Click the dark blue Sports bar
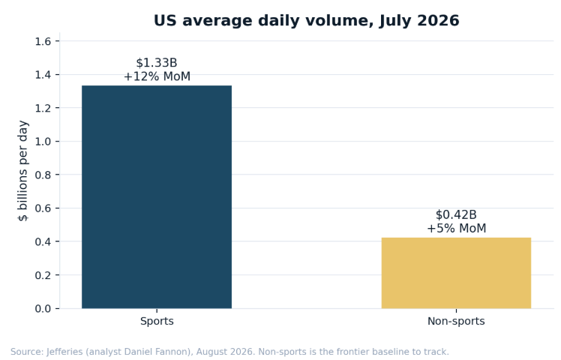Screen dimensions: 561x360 tap(157, 196)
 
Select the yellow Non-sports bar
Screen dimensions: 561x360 tap(456, 273)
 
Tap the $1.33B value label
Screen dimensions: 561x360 tap(157, 63)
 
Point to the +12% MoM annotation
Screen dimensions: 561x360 tap(157, 76)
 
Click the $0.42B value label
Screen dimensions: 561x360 tap(456, 214)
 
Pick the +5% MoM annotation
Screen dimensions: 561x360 tap(457, 228)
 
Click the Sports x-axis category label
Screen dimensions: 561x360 tap(157, 321)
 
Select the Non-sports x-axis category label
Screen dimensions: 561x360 tap(456, 321)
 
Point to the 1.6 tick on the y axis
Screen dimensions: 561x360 tap(43, 41)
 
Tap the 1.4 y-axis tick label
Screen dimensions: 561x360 tap(43, 75)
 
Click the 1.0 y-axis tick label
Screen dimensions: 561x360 tap(43, 142)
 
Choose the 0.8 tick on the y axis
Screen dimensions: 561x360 tap(43, 175)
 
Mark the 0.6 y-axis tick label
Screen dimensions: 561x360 tap(43, 208)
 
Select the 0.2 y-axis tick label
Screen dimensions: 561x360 tap(43, 275)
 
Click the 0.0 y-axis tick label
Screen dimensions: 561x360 tap(43, 308)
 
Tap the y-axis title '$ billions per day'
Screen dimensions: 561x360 tap(23, 171)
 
